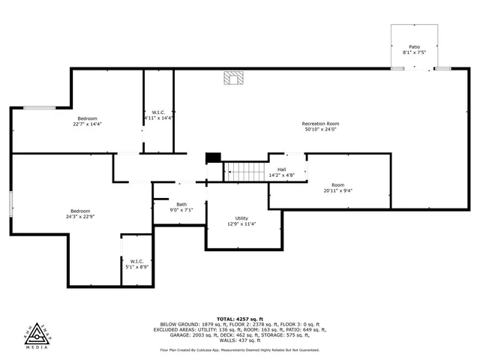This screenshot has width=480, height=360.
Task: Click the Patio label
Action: [x=414, y=46]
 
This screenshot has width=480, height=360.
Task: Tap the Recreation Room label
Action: [x=320, y=124]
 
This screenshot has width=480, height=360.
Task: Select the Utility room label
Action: [x=241, y=217]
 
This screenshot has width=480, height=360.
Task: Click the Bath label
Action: [x=181, y=205]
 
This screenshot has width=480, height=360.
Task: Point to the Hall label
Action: [x=281, y=169]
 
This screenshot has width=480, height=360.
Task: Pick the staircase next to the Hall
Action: [x=247, y=172]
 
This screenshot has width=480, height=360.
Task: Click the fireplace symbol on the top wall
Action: [x=234, y=77]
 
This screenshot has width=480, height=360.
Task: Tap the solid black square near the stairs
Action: [x=214, y=157]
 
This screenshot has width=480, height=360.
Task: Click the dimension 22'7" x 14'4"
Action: [x=87, y=124]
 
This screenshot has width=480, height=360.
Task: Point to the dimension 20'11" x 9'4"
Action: [x=338, y=190]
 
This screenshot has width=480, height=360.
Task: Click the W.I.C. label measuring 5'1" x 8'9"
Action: [x=136, y=261]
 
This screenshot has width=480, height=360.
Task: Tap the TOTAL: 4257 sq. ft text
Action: [x=239, y=319]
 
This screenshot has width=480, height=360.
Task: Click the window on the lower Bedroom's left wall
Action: [x=11, y=204]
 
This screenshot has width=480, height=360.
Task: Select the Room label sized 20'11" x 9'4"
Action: [x=338, y=184]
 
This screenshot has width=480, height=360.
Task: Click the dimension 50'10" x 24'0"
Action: [x=320, y=130]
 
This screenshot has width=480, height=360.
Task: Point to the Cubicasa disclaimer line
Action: [x=239, y=350]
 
